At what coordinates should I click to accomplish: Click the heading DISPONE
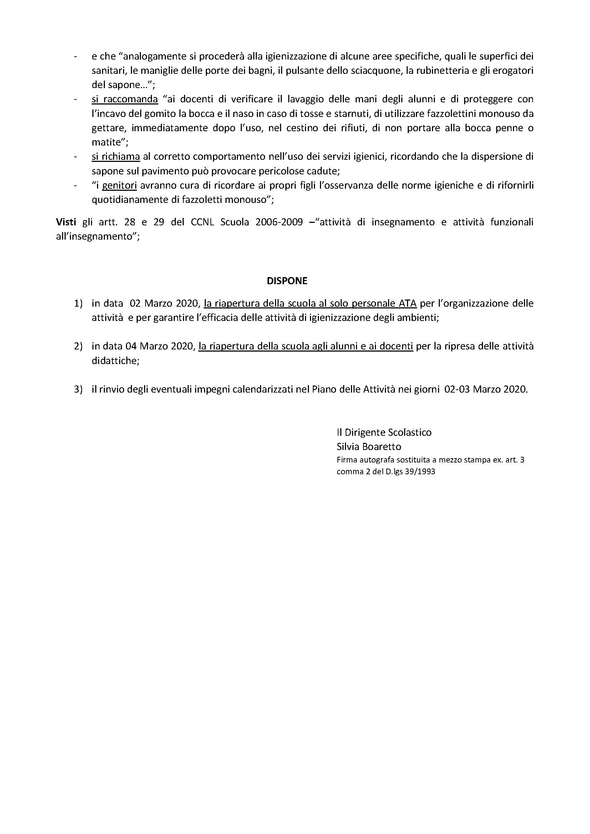click(x=287, y=281)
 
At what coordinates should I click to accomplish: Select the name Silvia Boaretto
click(x=369, y=446)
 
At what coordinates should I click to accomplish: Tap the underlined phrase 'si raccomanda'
click(x=124, y=99)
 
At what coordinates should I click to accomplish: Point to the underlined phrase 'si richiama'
click(x=116, y=157)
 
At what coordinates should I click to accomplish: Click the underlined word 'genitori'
click(x=119, y=185)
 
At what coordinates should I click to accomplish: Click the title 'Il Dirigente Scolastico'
click(x=384, y=432)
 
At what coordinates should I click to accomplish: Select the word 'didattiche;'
click(x=115, y=361)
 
